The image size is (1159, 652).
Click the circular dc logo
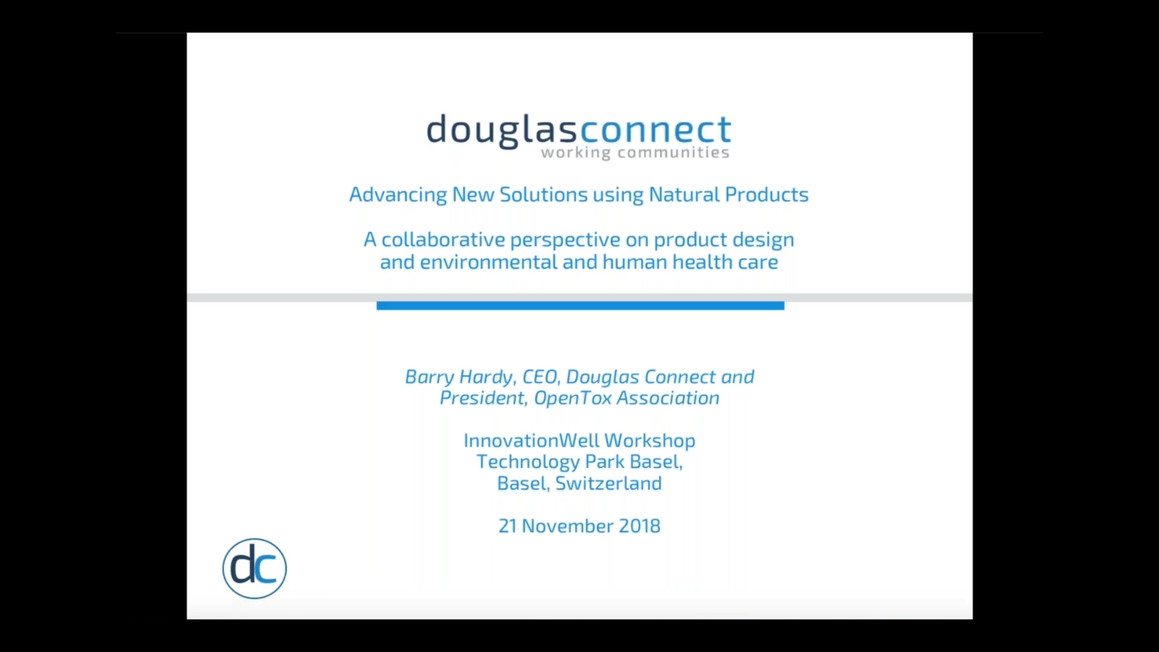(x=254, y=568)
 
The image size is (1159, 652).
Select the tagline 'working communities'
(x=635, y=153)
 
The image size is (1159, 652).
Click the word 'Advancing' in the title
(x=398, y=195)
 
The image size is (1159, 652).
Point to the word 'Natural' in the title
(x=684, y=194)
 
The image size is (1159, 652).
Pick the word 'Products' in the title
(x=767, y=194)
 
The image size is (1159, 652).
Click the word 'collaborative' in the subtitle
(x=443, y=240)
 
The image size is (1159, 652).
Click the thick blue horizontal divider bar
(x=580, y=306)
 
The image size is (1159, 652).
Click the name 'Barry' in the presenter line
(x=429, y=377)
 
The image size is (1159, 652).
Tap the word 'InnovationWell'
(x=531, y=441)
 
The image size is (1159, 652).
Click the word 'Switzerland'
(x=608, y=484)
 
